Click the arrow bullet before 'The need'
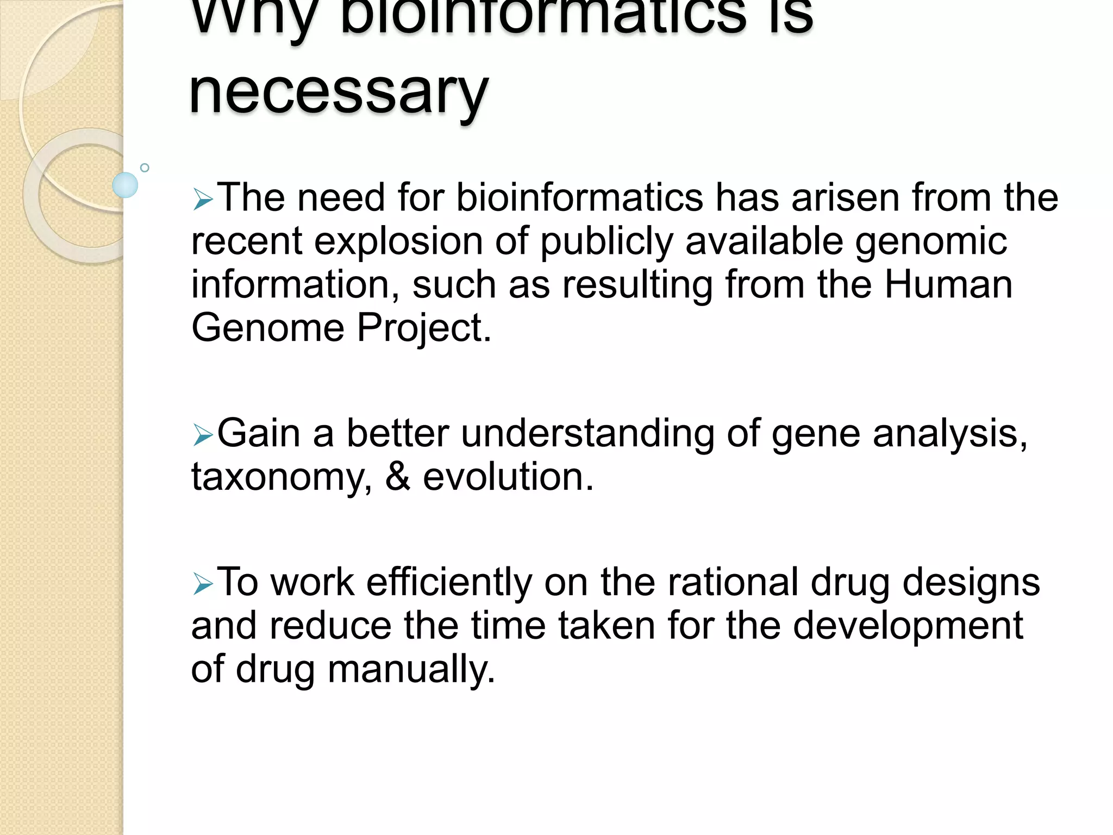pyautogui.click(x=203, y=201)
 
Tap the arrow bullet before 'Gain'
pyautogui.click(x=203, y=436)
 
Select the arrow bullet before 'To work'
pyautogui.click(x=203, y=585)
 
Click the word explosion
pyautogui.click(x=398, y=241)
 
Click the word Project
pyautogui.click(x=424, y=329)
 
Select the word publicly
pyautogui.click(x=606, y=242)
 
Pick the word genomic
pyautogui.click(x=931, y=242)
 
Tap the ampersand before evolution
pyautogui.click(x=398, y=477)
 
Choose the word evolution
pyautogui.click(x=508, y=477)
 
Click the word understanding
pyautogui.click(x=587, y=434)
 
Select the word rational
pyautogui.click(x=733, y=582)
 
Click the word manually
pyautogui.click(x=411, y=670)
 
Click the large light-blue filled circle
pyautogui.click(x=125, y=185)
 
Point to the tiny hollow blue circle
pyautogui.click(x=145, y=167)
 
